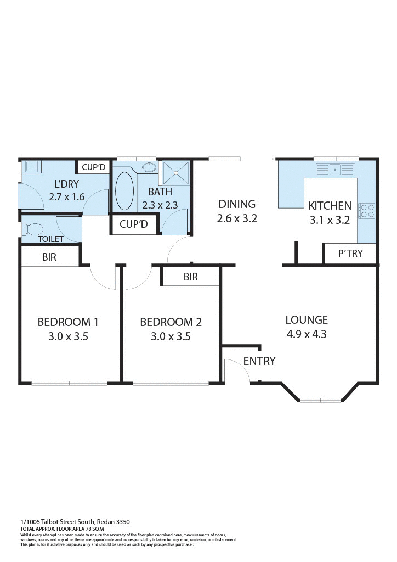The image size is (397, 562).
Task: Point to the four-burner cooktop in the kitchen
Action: [367, 211]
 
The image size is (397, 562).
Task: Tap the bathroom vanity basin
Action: [148, 167]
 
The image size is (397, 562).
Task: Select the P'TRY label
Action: [350, 254]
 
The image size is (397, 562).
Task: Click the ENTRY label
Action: [259, 361]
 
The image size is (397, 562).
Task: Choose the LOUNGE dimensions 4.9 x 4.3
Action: [307, 334]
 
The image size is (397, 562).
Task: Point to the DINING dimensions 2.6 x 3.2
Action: [237, 218]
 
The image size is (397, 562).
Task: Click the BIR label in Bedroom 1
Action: [49, 257]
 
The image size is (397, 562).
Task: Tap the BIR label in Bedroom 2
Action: [190, 277]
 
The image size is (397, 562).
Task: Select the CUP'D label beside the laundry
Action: [93, 167]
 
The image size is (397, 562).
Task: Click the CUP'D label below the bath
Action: [134, 224]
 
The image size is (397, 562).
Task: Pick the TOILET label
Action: [50, 239]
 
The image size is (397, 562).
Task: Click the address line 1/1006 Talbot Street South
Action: [75, 521]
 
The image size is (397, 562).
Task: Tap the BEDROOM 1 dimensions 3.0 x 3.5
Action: [68, 336]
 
